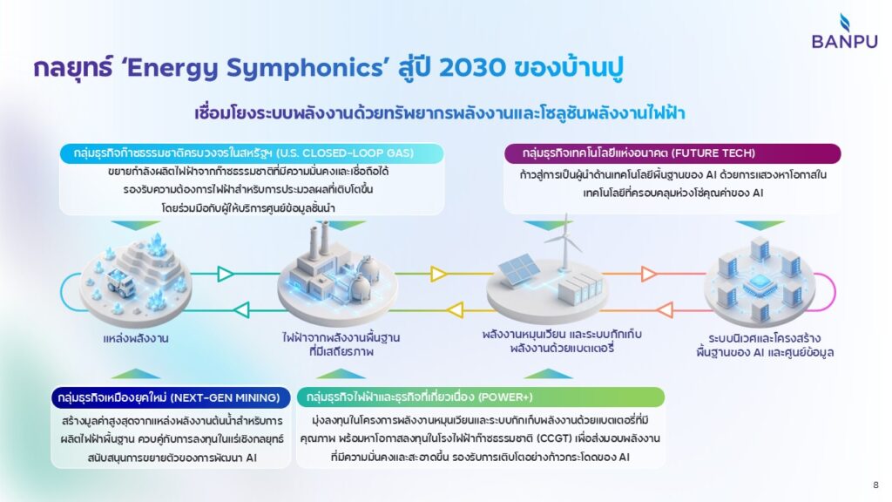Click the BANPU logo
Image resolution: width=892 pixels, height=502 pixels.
coord(844,31)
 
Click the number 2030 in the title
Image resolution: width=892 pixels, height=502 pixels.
coord(471,67)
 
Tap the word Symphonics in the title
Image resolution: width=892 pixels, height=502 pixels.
coord(306,68)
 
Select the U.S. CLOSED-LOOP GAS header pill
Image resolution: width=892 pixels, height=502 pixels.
coord(252,153)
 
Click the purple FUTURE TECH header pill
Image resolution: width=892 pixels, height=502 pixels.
coord(672,153)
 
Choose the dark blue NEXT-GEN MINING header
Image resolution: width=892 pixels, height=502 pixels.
coord(171,397)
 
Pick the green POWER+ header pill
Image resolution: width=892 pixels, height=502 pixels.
coord(481,397)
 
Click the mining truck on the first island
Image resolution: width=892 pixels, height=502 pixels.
coord(121,282)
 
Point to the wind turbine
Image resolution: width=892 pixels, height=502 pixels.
coord(564,242)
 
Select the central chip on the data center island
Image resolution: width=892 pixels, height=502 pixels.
coord(760,283)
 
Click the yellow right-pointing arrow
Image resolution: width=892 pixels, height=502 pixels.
coord(439,274)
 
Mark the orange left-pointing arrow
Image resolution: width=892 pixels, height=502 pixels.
coord(665,310)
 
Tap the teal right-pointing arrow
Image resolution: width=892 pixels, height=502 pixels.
coord(226,274)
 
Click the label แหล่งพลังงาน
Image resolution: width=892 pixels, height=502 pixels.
coord(135,338)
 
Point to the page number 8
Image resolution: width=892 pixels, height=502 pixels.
coord(875,485)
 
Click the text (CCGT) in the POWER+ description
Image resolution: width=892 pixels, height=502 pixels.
coord(551,438)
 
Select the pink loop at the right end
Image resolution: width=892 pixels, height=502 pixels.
coord(827,292)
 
